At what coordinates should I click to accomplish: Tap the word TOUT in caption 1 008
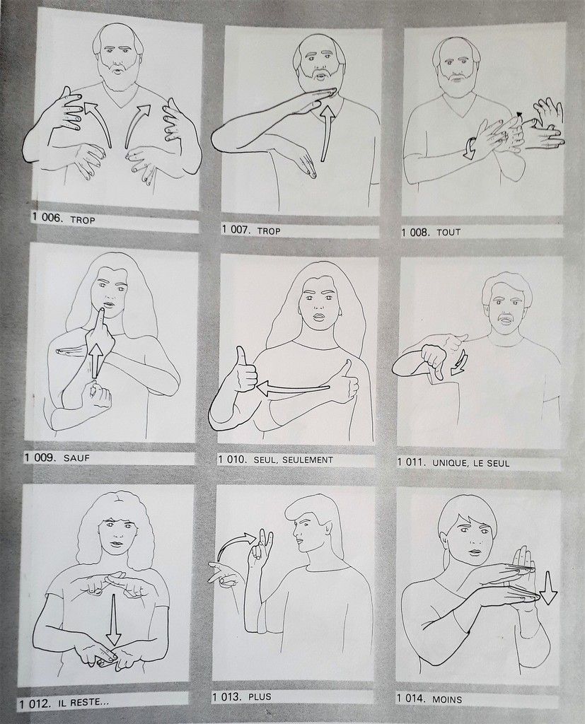(x=448, y=232)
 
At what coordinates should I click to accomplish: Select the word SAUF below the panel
(x=76, y=458)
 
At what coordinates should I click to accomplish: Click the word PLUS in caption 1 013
(x=260, y=696)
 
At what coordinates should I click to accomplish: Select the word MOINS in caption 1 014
(x=447, y=699)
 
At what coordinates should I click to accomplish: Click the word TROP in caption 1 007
(x=268, y=230)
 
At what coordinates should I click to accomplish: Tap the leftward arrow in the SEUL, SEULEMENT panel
(x=293, y=390)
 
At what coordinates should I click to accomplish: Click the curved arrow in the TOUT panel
(x=470, y=148)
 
